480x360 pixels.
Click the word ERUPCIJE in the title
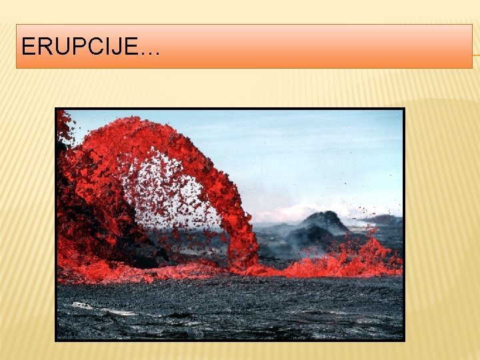80,46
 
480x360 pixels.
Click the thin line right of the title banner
476,55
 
